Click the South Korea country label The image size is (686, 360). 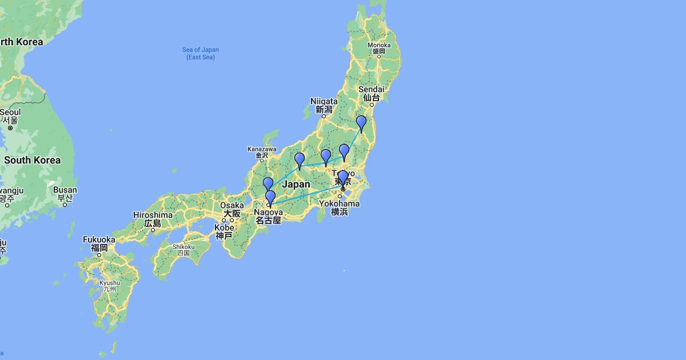[x=32, y=160]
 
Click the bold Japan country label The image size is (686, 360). [x=296, y=184]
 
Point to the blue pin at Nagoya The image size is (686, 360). [x=271, y=198]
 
